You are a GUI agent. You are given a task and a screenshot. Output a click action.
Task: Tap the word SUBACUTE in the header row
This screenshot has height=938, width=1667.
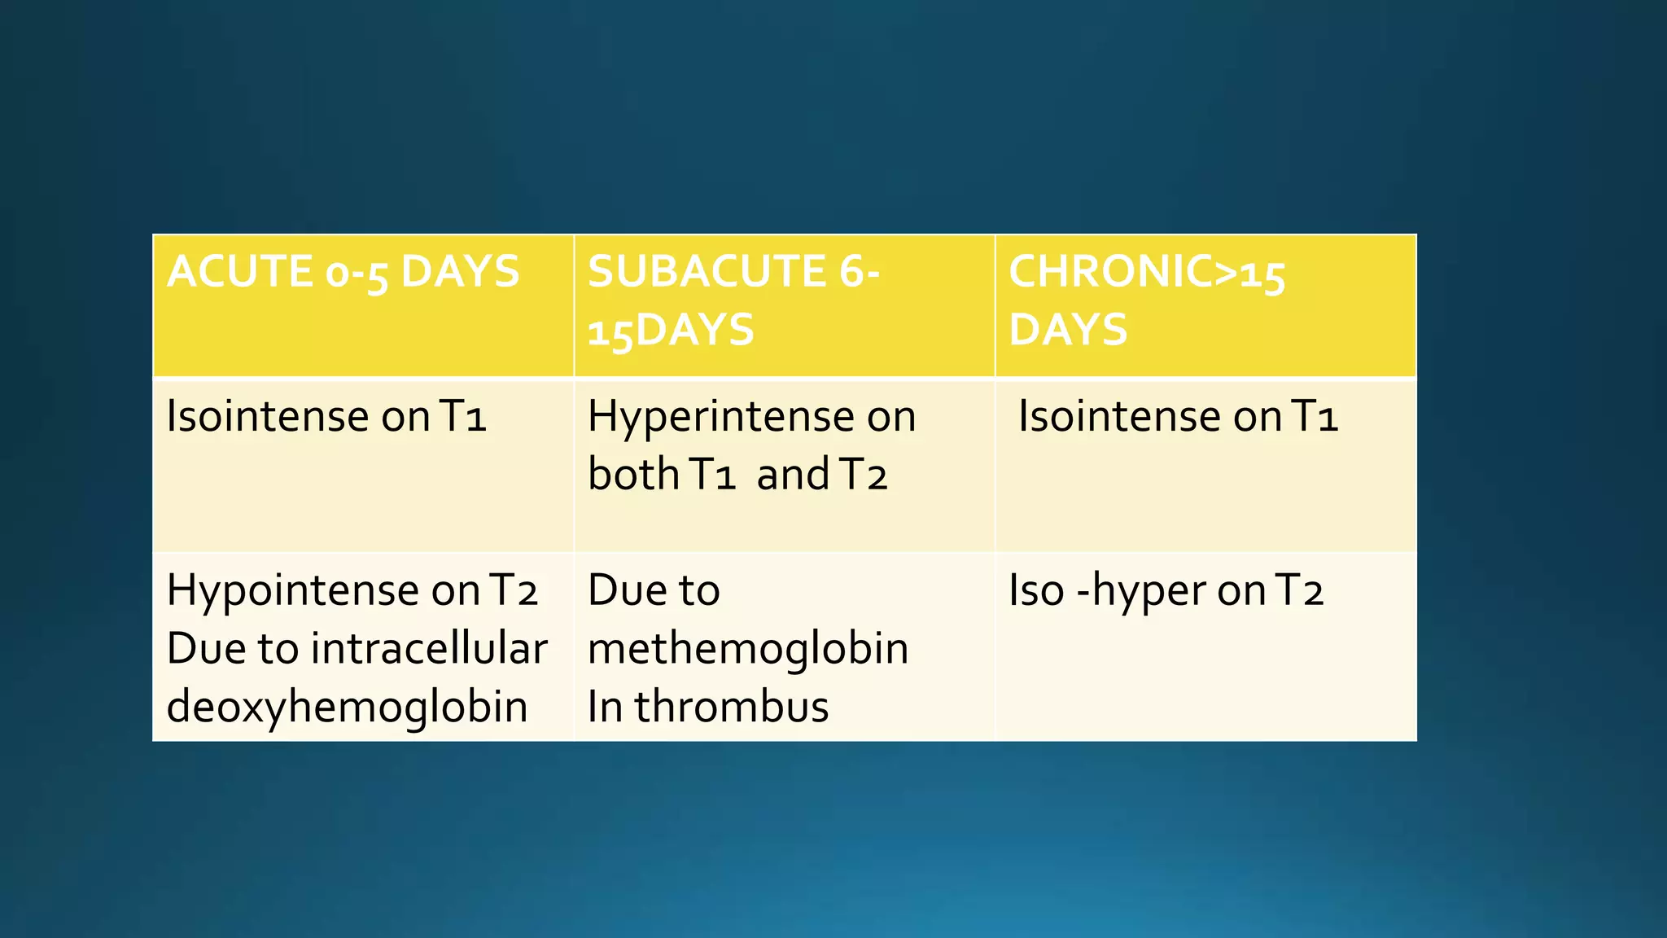click(706, 271)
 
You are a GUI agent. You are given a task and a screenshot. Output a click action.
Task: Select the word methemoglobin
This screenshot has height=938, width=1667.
click(748, 649)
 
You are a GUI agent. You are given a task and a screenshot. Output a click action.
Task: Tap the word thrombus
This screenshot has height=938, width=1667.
click(731, 706)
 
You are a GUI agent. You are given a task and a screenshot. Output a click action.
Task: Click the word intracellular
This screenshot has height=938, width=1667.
click(428, 649)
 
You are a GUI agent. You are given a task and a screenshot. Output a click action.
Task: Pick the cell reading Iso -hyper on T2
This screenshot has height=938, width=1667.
click(1166, 590)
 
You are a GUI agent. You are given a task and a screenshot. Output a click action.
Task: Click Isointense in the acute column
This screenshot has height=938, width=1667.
click(267, 417)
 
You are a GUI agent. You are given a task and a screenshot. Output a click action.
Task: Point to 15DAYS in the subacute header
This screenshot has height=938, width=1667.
click(671, 331)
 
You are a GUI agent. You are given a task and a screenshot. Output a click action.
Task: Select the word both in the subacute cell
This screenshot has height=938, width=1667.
click(632, 475)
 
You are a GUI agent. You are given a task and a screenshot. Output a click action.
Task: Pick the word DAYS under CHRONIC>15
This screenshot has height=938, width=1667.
click(1068, 331)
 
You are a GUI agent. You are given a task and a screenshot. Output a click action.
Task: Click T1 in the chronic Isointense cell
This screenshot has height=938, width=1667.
click(1315, 417)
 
